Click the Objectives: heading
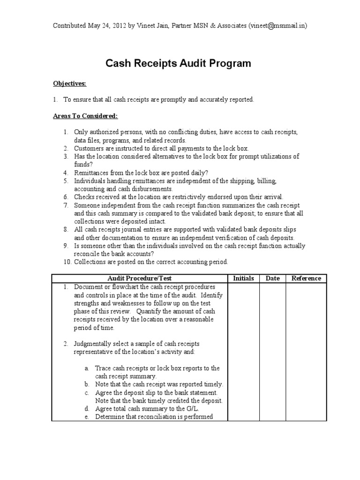pyautogui.click(x=69, y=83)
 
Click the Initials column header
pyautogui.click(x=243, y=278)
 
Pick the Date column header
pyautogui.click(x=272, y=278)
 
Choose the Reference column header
pyautogui.click(x=306, y=278)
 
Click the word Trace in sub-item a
pyautogui.click(x=103, y=368)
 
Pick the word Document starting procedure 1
pyautogui.click(x=88, y=287)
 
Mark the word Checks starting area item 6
pyautogui.click(x=84, y=197)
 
